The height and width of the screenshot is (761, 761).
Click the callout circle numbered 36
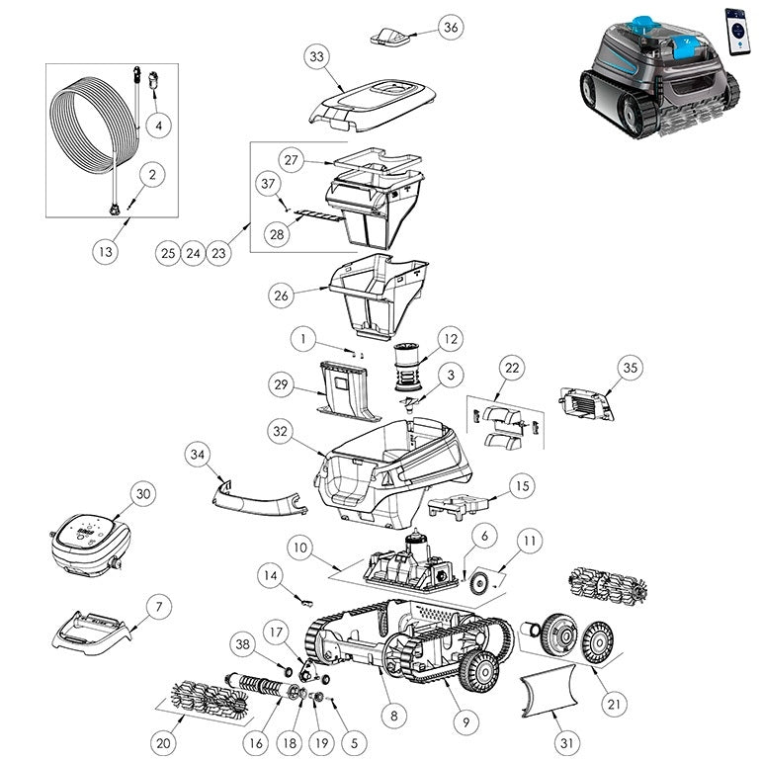(451, 28)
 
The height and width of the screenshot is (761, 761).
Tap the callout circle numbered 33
(317, 56)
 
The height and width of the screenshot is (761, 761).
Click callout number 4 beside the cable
(159, 126)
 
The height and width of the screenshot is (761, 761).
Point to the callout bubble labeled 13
(106, 252)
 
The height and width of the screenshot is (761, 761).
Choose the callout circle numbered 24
(193, 253)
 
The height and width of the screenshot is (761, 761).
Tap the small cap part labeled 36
(389, 37)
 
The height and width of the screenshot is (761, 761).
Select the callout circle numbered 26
(282, 296)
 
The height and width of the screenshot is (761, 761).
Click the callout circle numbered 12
(451, 339)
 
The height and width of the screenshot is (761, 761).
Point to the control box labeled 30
(91, 545)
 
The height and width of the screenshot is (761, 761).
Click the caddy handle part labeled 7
(91, 633)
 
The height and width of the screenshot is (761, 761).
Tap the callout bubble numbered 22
(512, 368)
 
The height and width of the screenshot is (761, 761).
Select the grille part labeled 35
(586, 404)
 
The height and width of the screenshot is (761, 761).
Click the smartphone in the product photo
(735, 32)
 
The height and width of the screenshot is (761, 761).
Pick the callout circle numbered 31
(566, 742)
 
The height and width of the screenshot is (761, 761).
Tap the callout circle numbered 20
(163, 743)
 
